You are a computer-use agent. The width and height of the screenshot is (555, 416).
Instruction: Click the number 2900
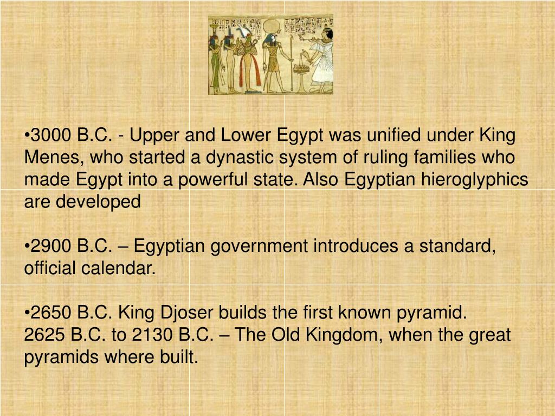(51, 246)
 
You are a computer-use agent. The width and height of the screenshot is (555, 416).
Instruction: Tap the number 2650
(51, 313)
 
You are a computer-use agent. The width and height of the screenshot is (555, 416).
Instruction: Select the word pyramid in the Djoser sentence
(432, 313)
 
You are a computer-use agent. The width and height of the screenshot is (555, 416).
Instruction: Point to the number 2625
(45, 335)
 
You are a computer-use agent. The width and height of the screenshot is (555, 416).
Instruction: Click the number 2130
(153, 335)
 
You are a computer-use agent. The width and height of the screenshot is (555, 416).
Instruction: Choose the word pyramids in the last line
(55, 357)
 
